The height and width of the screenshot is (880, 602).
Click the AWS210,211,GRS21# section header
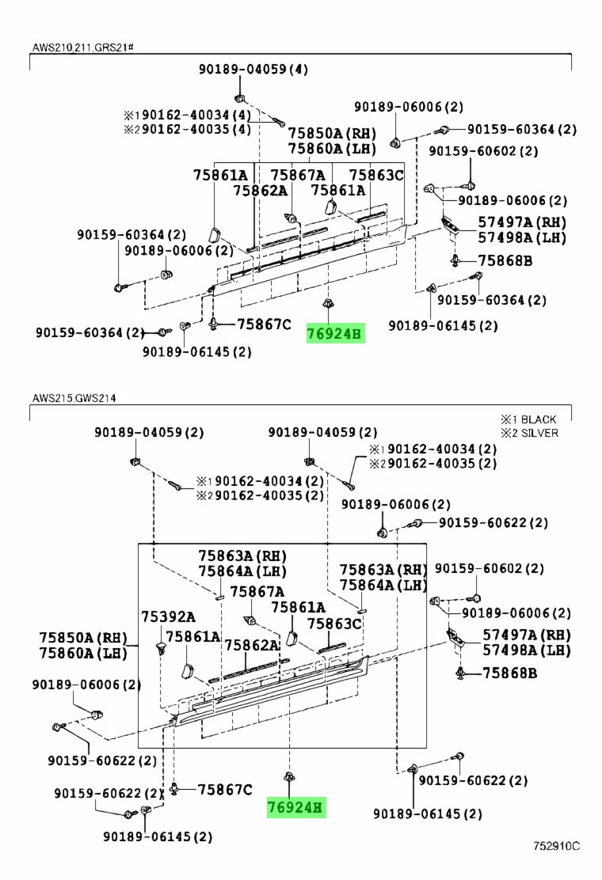(82, 47)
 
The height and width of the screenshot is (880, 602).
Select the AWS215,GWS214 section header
(74, 399)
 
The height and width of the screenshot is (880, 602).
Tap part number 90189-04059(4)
(253, 69)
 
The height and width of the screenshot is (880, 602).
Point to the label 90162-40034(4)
(196, 115)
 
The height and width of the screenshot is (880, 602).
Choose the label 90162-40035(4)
(196, 130)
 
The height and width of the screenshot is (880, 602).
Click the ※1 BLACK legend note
(528, 419)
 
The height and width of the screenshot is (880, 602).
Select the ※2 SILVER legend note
(530, 433)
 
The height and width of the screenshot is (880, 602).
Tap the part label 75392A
(168, 616)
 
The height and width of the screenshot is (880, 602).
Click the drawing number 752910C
(557, 846)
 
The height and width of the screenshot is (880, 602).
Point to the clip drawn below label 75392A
(161, 650)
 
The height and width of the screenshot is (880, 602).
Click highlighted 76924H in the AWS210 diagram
(335, 334)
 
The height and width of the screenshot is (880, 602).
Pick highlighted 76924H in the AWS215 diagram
(296, 808)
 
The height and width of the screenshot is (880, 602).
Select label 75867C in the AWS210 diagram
(264, 324)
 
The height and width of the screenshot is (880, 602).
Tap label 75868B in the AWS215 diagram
(509, 673)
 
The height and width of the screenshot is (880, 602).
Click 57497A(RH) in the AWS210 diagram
(522, 222)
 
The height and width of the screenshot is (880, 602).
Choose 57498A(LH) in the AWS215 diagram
(526, 650)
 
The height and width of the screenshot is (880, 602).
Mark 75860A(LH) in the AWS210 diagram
(332, 149)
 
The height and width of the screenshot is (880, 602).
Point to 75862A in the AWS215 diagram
(252, 645)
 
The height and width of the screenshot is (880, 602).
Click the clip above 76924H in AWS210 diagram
(326, 303)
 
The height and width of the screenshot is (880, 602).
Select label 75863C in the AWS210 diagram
(376, 176)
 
